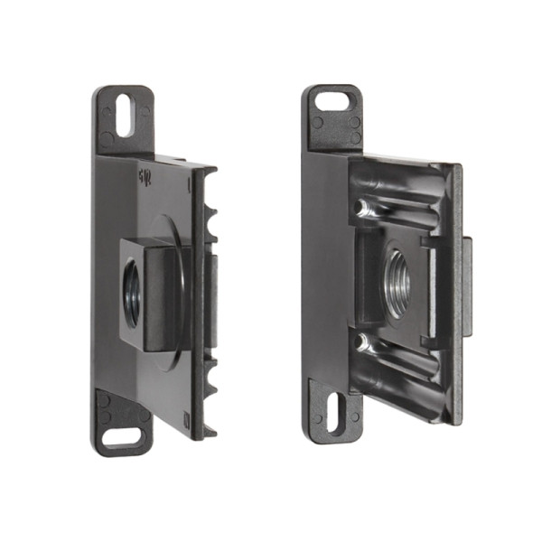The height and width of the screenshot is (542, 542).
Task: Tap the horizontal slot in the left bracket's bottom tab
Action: click(122, 437)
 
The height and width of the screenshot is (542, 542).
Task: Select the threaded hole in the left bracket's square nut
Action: click(131, 294)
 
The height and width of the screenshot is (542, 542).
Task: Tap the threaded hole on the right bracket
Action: click(397, 279)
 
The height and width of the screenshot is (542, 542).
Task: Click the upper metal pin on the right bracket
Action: click(364, 209)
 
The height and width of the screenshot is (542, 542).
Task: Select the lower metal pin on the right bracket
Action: click(363, 341)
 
